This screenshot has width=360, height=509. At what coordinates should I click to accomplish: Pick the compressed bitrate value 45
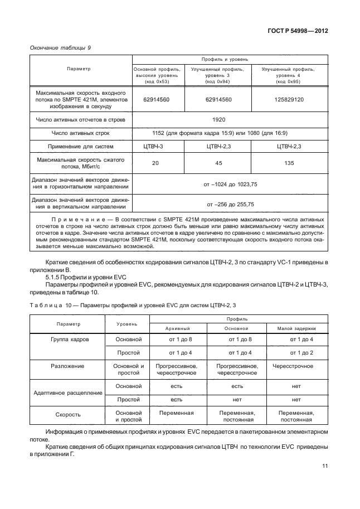click(218, 163)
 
